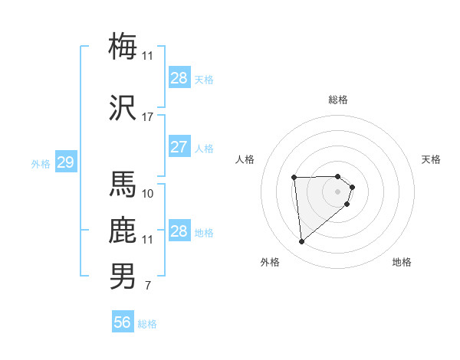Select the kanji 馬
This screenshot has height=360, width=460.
point(123,184)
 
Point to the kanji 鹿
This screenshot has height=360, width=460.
point(123,231)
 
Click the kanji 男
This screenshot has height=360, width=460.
point(123,277)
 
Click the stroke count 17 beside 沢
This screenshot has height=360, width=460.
point(148,117)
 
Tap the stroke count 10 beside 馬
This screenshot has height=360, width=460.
point(148,194)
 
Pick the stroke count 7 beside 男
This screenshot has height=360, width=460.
point(147,286)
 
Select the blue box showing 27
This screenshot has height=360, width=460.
point(179,147)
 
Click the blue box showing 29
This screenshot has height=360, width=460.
point(66,162)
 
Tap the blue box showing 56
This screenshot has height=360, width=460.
point(123,322)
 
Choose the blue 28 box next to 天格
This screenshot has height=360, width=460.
point(179,78)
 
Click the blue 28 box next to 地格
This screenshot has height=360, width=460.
point(179,231)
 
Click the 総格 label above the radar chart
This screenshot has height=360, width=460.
point(338,100)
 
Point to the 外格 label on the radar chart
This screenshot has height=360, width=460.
point(270,262)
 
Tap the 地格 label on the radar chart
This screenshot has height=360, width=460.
point(402,262)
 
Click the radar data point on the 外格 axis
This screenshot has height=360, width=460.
point(302,242)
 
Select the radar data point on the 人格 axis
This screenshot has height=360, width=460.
point(294,178)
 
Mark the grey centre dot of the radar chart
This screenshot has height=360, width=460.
point(338,191)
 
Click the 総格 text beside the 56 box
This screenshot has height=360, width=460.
point(147,324)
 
